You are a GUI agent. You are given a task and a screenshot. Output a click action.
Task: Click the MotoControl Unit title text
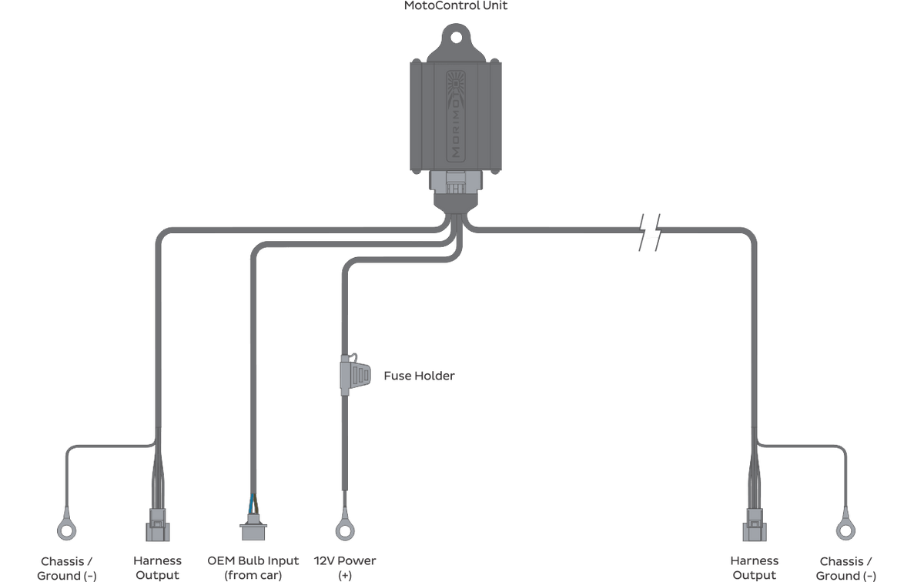point(455,5)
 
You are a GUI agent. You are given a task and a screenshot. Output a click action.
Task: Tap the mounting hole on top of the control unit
point(456,38)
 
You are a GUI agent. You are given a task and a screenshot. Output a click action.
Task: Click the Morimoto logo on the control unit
point(456,116)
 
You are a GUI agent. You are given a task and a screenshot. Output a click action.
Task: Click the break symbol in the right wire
point(650,232)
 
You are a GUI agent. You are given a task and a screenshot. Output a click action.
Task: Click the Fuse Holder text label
point(419,376)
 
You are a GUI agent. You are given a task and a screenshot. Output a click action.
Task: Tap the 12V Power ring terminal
point(345,530)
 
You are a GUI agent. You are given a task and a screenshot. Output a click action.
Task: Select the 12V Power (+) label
point(345,567)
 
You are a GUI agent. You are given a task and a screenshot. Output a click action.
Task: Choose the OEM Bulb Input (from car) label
point(253,567)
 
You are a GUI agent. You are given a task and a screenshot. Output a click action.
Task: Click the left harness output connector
point(158,525)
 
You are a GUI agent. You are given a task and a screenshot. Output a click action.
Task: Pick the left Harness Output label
point(157,567)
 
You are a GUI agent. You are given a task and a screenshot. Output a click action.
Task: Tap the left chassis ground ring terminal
point(66,530)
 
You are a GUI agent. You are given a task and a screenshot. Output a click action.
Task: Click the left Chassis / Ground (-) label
point(66,568)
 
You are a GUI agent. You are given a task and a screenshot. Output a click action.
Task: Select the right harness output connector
point(755,525)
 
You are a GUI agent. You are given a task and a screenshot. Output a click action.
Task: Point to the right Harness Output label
point(754,567)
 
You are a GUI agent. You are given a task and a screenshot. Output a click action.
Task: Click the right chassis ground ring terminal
point(845,530)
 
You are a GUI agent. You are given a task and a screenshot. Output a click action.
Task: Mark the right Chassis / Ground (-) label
point(845,568)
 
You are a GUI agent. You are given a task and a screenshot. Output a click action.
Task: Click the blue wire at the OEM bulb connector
point(251,504)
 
